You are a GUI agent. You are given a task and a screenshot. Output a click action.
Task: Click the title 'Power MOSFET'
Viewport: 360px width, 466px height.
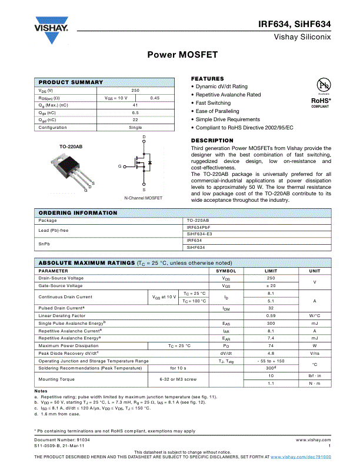click(182, 55)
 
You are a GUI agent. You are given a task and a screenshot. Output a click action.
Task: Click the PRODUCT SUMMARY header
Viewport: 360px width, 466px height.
click(71, 82)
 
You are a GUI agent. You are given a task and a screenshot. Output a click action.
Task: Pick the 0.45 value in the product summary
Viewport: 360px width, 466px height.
click(155, 98)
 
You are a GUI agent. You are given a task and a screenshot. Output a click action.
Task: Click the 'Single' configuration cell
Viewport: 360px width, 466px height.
click(135, 127)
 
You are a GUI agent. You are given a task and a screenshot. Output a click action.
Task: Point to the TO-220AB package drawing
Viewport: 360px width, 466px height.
click(74, 168)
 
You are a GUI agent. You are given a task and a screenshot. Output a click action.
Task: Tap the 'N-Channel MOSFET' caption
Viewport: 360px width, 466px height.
click(143, 198)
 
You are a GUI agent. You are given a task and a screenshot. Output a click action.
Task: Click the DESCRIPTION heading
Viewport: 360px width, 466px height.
click(212, 141)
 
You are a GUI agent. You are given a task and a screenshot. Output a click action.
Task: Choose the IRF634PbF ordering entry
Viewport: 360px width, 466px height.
click(199, 227)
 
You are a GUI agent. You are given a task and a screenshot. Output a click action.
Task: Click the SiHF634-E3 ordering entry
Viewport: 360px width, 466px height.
click(199, 234)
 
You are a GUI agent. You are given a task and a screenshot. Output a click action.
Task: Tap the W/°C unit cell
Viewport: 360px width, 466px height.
click(315, 315)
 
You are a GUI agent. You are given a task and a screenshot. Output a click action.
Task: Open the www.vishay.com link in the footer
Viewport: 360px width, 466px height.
click(313, 440)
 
